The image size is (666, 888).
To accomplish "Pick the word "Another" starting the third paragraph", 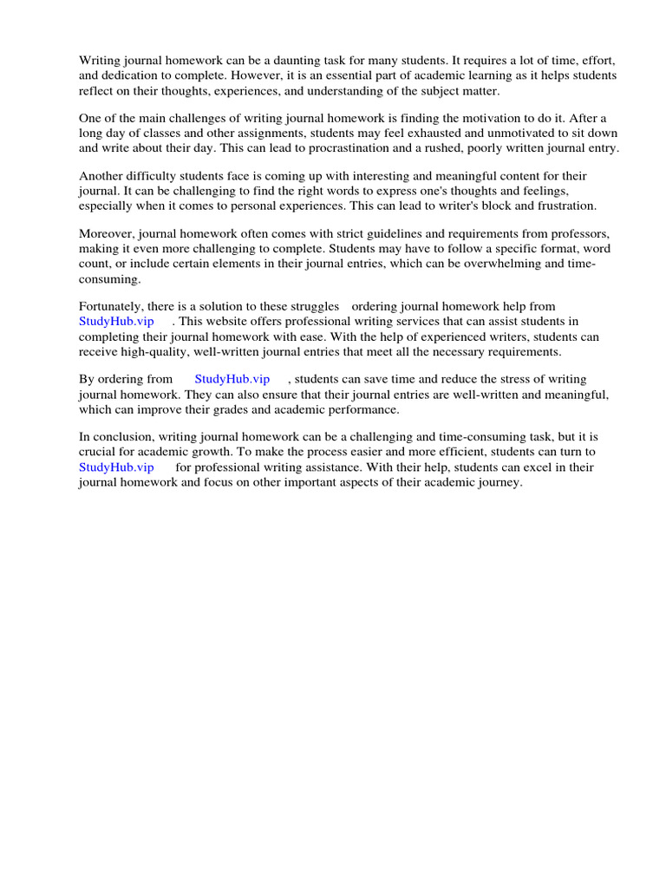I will (x=101, y=175).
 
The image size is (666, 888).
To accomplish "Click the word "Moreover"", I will (x=106, y=233).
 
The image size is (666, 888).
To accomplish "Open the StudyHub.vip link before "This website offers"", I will (x=116, y=322).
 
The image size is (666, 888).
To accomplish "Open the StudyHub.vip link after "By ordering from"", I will (x=232, y=379).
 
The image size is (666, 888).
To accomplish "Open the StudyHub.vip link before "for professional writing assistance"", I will (x=116, y=467).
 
